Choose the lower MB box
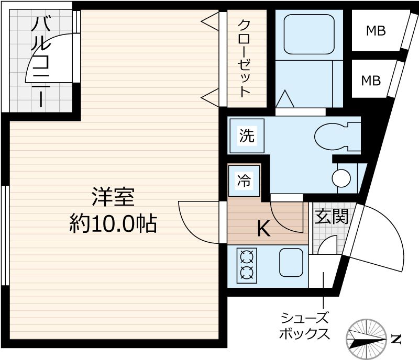pos(371,80)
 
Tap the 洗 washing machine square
pos(246,136)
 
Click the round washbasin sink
pos(341,178)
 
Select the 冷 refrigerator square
pos(244,181)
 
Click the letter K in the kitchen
pos(264,229)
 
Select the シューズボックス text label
pos(305,325)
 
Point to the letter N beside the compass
pos(396,339)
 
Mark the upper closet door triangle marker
pos(210,22)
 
